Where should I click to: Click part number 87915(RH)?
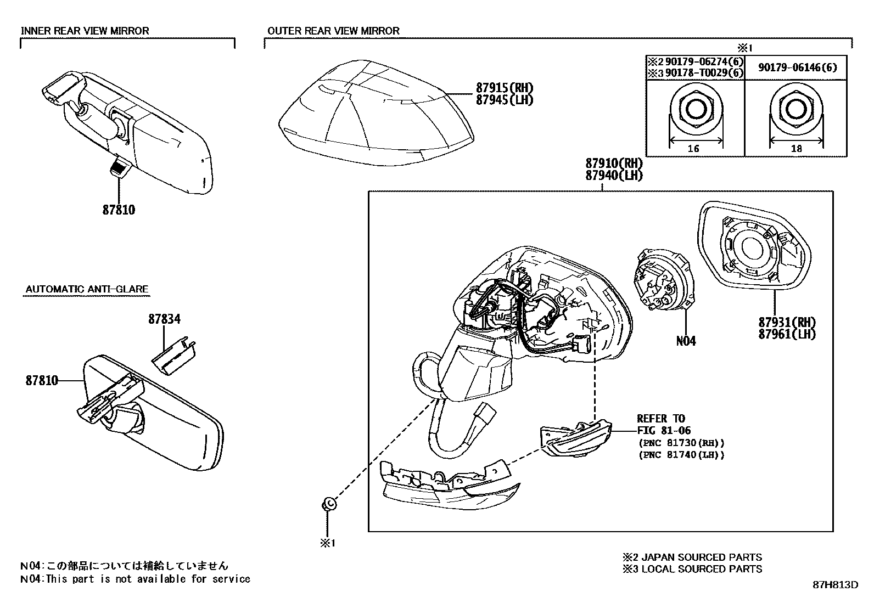[x=504, y=88]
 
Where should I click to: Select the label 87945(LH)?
[x=504, y=100]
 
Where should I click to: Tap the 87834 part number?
[x=164, y=319]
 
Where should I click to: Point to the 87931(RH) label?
[x=787, y=323]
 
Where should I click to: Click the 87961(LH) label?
[x=787, y=334]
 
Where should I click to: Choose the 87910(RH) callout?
[x=613, y=164]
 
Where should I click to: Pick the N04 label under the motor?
[x=686, y=341]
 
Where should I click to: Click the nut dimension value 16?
[x=693, y=148]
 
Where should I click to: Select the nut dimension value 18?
[x=796, y=148]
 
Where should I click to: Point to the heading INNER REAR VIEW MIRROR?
[x=85, y=31]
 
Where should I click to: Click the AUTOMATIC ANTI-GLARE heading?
[x=87, y=289]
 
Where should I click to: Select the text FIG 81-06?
[x=664, y=431]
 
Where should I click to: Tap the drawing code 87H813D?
[x=835, y=584]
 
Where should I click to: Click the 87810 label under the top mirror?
[x=119, y=210]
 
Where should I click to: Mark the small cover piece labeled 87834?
[x=175, y=356]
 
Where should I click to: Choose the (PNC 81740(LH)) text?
[x=681, y=455]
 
